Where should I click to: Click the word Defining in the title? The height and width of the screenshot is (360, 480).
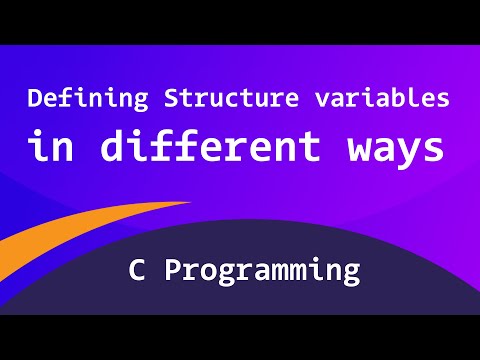coord(79,100)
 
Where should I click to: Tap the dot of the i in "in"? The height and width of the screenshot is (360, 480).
coord(36,131)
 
